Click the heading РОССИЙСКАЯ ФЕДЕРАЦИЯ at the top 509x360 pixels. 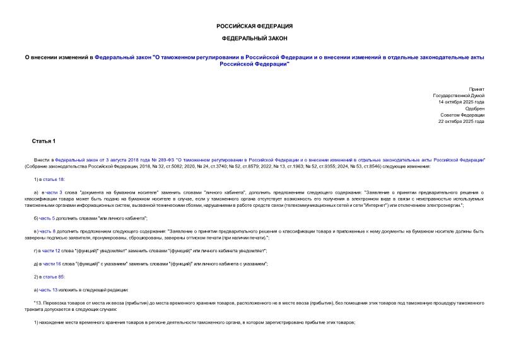(254, 26)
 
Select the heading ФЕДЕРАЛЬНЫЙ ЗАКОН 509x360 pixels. (254, 38)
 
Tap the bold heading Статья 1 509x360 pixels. (44, 140)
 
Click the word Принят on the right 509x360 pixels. (477, 90)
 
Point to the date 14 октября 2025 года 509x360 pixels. (462, 102)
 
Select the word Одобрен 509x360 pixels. (474, 108)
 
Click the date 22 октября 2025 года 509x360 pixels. (462, 121)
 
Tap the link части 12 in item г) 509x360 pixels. (52, 251)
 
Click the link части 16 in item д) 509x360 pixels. (52, 264)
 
